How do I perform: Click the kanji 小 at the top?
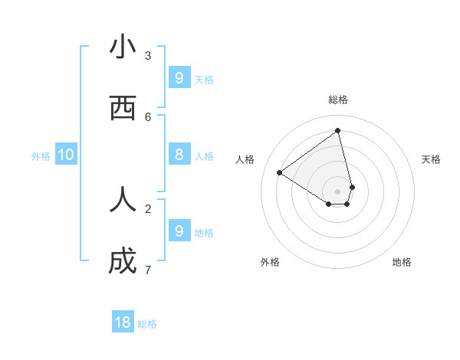coord(123,47)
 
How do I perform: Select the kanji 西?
coord(123,109)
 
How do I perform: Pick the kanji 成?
coord(123,262)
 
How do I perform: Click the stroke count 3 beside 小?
coord(148,55)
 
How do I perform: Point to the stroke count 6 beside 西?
coord(148,116)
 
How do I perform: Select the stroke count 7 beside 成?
coord(148,270)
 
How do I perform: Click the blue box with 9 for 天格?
coord(179,77)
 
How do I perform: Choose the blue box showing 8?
coord(179,155)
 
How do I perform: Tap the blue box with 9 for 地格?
coord(179,231)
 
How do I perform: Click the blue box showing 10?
coord(66,155)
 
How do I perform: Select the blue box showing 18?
coord(123,322)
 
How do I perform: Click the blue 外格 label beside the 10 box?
coord(41,156)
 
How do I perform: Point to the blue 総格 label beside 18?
coord(147,324)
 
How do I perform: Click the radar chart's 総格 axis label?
coord(338,100)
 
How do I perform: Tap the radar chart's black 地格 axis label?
coord(402,262)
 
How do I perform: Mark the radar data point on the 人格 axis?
coord(279,172)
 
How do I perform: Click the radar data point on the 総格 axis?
coord(338,130)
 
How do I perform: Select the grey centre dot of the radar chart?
coord(338,191)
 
